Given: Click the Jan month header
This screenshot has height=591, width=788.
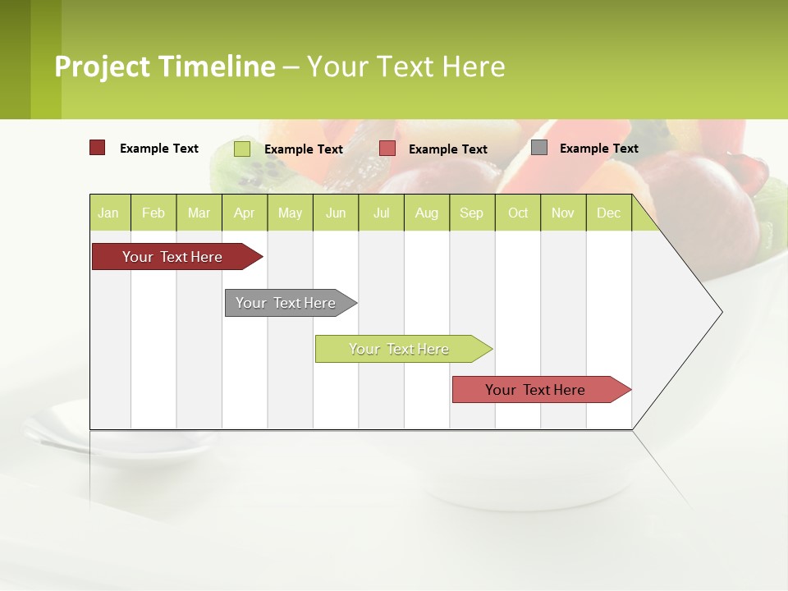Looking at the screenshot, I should pyautogui.click(x=109, y=213).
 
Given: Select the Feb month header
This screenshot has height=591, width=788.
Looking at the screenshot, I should pyautogui.click(x=153, y=213).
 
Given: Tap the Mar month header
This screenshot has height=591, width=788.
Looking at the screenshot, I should pyautogui.click(x=199, y=213).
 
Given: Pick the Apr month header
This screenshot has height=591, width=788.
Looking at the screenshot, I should pyautogui.click(x=245, y=213).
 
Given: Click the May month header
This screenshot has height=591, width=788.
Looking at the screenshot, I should pyautogui.click(x=290, y=213).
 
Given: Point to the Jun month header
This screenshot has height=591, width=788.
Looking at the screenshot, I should pyautogui.click(x=336, y=213).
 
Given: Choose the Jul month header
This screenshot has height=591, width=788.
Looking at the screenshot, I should pyautogui.click(x=381, y=213).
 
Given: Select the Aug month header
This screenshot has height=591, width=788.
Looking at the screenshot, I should pyautogui.click(x=427, y=213).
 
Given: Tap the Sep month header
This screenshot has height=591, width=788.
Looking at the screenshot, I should pyautogui.click(x=472, y=213).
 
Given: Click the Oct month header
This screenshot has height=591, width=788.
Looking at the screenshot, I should pyautogui.click(x=518, y=213).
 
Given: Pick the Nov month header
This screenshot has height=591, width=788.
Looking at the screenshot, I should pyautogui.click(x=563, y=213).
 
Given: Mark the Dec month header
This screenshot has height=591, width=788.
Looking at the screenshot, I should pyautogui.click(x=609, y=213).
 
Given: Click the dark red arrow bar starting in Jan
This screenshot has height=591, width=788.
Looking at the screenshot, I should pyautogui.click(x=173, y=257).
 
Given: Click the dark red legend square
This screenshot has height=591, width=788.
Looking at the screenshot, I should pyautogui.click(x=97, y=148).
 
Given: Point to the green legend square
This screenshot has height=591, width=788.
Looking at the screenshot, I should pyautogui.click(x=242, y=149).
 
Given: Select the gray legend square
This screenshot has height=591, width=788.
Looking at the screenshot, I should pyautogui.click(x=539, y=148).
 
